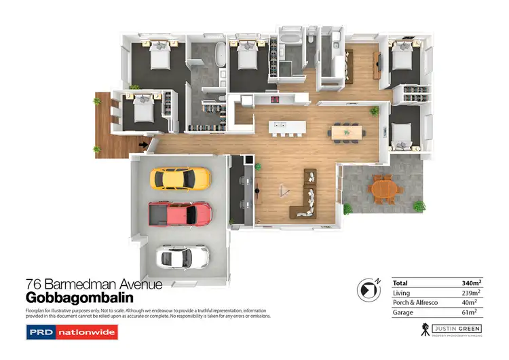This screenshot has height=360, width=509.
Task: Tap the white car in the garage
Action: pos(183,257)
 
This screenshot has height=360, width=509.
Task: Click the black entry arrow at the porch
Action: pos(143,144)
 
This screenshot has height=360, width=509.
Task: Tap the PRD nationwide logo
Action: pos(71,333)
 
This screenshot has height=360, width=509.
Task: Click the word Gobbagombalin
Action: pos(79,298)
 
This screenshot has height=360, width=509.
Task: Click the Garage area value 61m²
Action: pos(470,312)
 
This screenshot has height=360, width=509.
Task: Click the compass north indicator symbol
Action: pos(369,289)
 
